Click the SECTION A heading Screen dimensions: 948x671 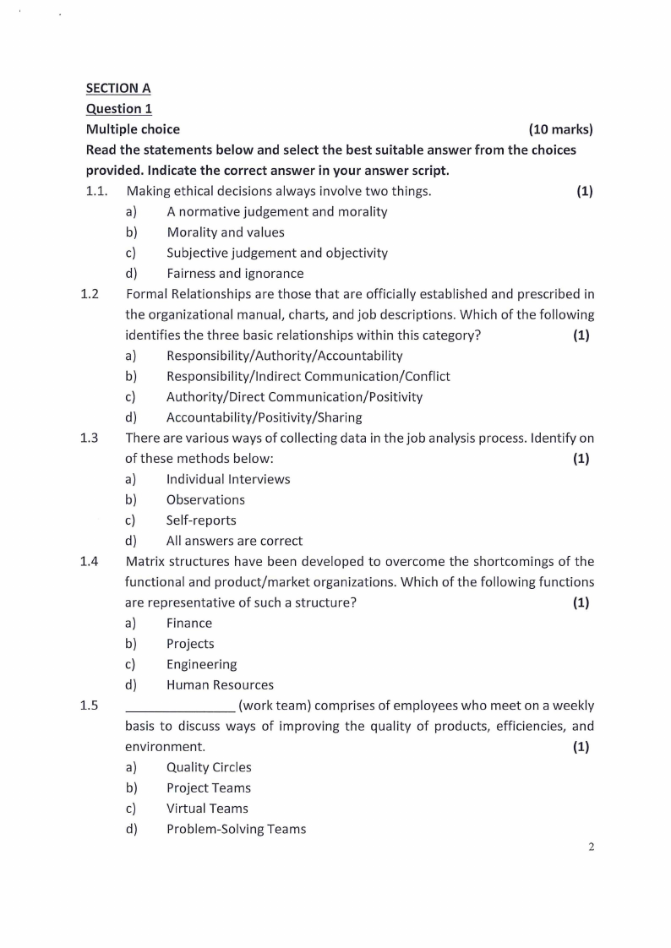118,88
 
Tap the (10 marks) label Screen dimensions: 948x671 560,129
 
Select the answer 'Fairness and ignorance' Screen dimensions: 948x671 235,274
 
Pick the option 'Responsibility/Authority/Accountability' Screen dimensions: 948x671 284,356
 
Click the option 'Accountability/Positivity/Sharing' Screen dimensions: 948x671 264,417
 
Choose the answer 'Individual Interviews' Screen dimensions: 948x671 228,479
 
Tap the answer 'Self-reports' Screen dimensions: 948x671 201,520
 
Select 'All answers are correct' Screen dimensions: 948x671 234,541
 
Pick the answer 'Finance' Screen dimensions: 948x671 189,624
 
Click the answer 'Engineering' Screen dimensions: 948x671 201,665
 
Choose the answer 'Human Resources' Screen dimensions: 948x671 220,685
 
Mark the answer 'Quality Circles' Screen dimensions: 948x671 209,768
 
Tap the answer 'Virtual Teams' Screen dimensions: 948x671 207,809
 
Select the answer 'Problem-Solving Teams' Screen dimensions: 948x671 236,829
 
